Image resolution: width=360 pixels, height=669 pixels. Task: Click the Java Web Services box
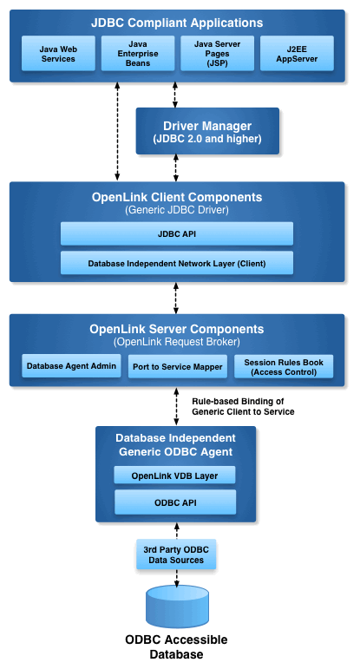(x=58, y=53)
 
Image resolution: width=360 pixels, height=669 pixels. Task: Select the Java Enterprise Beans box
(x=138, y=53)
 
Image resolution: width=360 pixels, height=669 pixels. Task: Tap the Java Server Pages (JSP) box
(x=217, y=53)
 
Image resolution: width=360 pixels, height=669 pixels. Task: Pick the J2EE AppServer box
(x=297, y=53)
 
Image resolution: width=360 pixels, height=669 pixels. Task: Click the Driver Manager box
(x=207, y=131)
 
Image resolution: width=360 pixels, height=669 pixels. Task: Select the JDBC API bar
(x=177, y=233)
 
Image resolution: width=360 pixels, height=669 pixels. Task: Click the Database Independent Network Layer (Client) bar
(x=177, y=263)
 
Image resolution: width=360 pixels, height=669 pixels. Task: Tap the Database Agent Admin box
(x=71, y=366)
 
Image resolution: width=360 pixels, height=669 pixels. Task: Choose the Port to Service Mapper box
(x=178, y=366)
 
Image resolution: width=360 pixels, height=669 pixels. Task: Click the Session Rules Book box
(x=284, y=366)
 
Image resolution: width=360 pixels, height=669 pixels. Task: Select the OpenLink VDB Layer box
(x=174, y=476)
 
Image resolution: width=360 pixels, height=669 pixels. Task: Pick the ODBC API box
(x=175, y=502)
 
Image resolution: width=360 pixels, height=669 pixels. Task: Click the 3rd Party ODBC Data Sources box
(x=176, y=554)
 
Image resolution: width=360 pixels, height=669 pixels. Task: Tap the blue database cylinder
(x=177, y=607)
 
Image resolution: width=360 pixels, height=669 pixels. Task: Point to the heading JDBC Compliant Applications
(x=177, y=23)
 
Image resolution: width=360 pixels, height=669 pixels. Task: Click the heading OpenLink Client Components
(x=177, y=197)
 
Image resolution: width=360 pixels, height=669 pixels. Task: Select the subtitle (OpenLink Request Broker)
(x=177, y=342)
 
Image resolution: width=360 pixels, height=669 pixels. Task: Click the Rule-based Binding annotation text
(x=243, y=407)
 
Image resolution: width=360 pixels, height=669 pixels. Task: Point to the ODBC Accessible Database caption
(x=176, y=646)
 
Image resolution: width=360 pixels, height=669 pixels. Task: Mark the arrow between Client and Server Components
(x=176, y=298)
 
